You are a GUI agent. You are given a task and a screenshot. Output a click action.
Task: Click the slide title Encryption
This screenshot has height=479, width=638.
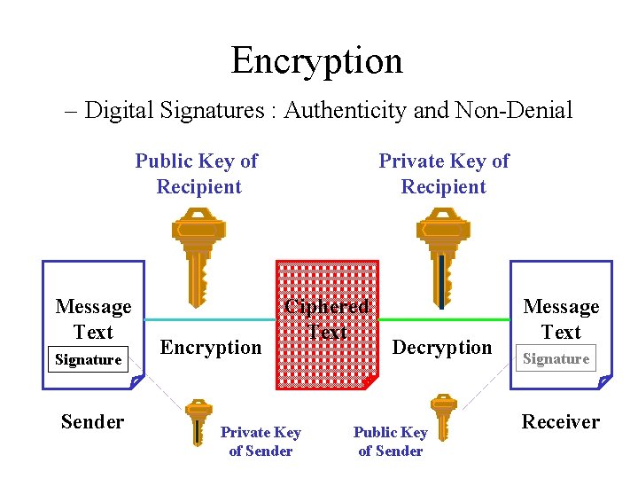pos(316,60)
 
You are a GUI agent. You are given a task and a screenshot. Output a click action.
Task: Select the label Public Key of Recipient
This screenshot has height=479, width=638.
pos(197,174)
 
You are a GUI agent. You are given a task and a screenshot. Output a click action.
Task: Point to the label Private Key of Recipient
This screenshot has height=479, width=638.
pos(443,174)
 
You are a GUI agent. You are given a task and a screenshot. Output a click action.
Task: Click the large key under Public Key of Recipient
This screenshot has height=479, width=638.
pos(198,253)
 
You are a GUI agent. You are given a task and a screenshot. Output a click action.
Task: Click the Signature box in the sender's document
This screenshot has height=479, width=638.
pos(88,359)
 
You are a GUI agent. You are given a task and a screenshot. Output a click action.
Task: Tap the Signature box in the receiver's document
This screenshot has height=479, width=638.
pos(556,359)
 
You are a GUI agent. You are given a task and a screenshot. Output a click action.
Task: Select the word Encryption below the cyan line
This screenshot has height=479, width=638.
pos(211,347)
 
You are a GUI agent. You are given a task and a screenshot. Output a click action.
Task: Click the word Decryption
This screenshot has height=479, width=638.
pos(441,347)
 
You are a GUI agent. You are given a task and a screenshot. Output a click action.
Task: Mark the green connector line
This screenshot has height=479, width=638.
pos(444,318)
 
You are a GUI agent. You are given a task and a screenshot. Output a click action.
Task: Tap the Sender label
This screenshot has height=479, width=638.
pos(92,421)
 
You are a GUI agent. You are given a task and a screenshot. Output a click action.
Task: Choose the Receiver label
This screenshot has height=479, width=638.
pos(560,421)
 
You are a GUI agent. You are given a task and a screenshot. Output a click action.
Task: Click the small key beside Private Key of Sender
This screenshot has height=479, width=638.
pos(198,421)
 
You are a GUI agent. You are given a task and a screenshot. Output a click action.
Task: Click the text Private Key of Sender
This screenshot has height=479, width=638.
pos(261,441)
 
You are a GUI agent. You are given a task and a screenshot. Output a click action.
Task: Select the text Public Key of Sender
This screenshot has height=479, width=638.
pos(390,441)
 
